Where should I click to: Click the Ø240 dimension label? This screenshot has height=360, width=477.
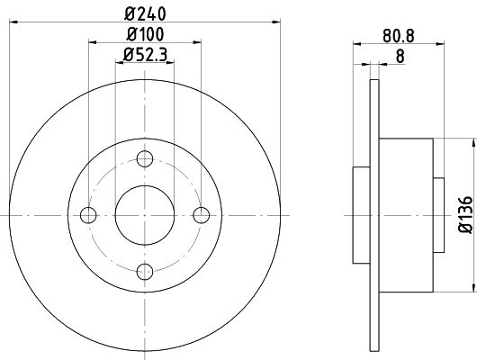pos(145,14)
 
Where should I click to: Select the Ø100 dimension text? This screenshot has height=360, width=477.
pos(145,34)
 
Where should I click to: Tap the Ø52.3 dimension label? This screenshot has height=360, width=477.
pos(145,55)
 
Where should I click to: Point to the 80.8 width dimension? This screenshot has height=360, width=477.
pos(399,36)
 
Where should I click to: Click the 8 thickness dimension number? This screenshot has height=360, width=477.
pos(400,57)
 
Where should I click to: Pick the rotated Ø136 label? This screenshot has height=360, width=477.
pos(465,215)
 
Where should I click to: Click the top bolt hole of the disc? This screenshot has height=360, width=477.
pos(145,158)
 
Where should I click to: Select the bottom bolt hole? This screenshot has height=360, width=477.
pos(145,272)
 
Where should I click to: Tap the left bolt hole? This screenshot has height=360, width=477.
pos(88,215)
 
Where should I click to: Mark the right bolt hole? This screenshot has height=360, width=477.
pos(202,215)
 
